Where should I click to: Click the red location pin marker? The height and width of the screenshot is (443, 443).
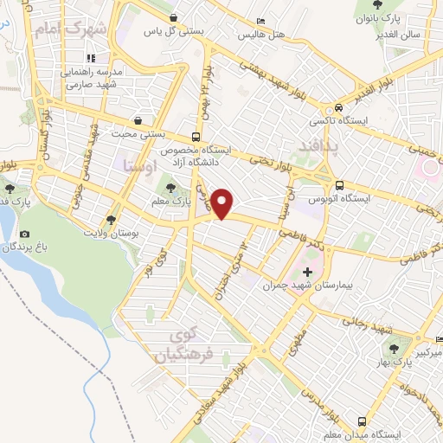pyautogui.click(x=223, y=202)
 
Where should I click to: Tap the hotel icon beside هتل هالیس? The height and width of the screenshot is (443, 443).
pyautogui.click(x=261, y=22)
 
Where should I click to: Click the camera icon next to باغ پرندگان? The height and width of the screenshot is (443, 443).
pyautogui.click(x=23, y=234)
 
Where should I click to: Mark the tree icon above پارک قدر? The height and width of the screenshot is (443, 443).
pyautogui.click(x=10, y=188)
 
